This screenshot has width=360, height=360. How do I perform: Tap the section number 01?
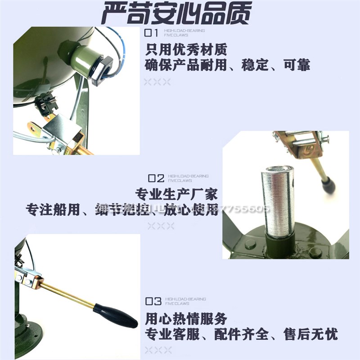(x=152, y=33)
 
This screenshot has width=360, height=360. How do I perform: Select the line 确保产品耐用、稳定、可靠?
(x=228, y=65)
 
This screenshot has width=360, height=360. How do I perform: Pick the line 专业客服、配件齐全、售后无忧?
(x=241, y=334)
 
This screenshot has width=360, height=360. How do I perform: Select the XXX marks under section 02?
(x=160, y=226)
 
